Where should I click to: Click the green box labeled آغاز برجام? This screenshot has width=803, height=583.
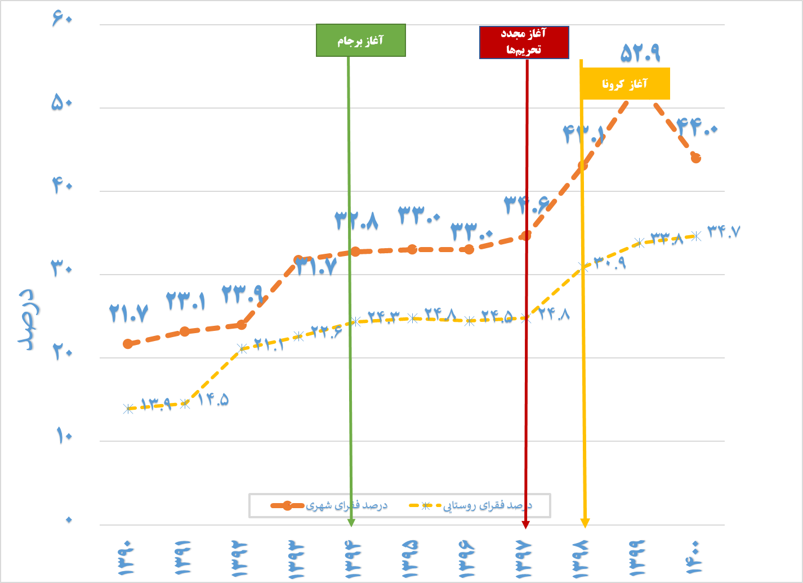tap(360, 41)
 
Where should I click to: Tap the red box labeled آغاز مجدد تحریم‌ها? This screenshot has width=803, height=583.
tap(524, 42)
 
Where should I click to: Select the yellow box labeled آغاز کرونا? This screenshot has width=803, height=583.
tap(625, 84)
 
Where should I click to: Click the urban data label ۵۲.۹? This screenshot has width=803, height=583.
tap(640, 53)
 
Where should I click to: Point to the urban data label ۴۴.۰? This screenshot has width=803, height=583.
tap(697, 128)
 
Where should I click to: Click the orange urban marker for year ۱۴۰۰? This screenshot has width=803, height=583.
tap(696, 158)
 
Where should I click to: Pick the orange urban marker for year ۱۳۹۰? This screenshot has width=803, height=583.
tap(128, 343)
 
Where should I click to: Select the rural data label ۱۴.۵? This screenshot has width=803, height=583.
tap(213, 400)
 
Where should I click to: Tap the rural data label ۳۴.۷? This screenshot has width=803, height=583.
tap(724, 231)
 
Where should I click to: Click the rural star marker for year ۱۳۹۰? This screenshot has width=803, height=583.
tap(128, 409)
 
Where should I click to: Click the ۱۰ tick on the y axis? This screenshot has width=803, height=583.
tap(64, 436)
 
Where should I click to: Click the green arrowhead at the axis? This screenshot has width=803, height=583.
tap(351, 523)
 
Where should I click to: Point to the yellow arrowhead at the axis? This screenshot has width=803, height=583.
tap(585, 523)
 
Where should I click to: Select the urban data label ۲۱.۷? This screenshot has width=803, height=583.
tap(129, 313)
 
